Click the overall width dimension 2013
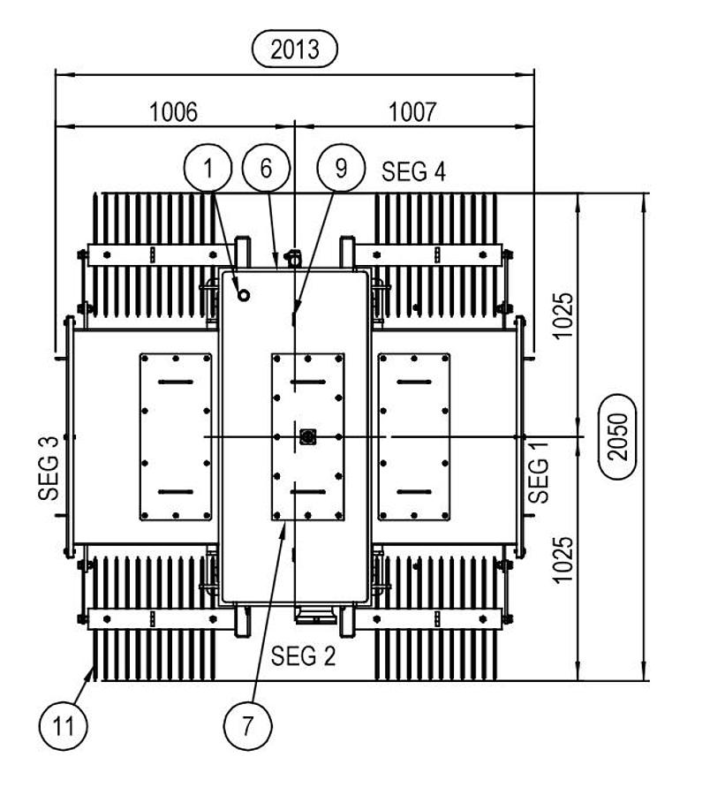click(x=295, y=49)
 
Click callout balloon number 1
click(x=208, y=168)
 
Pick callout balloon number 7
click(x=247, y=726)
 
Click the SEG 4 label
click(x=413, y=171)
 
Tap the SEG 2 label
click(x=303, y=657)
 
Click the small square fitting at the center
click(x=307, y=436)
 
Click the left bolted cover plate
click(x=176, y=436)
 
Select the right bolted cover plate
click(x=413, y=436)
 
